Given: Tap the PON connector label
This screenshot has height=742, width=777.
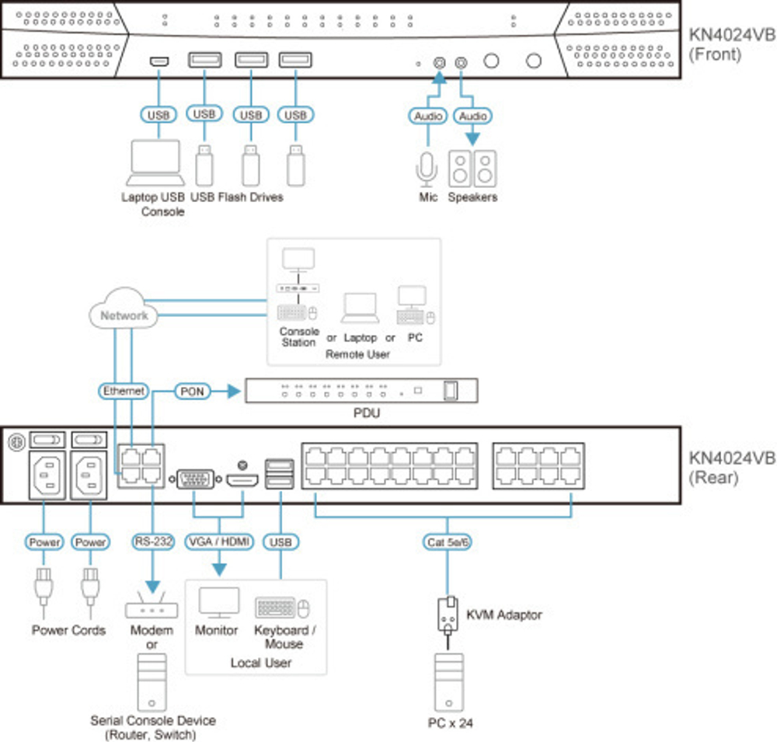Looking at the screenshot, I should pyautogui.click(x=192, y=391).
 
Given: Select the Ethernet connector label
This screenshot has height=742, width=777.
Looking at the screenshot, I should pyautogui.click(x=124, y=392).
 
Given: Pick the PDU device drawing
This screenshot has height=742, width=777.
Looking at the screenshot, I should pyautogui.click(x=361, y=390).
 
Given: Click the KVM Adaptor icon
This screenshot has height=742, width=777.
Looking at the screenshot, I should pyautogui.click(x=447, y=615).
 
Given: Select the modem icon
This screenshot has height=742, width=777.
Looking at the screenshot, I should pyautogui.click(x=152, y=607).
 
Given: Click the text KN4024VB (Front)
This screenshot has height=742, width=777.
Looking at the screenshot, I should pyautogui.click(x=731, y=44).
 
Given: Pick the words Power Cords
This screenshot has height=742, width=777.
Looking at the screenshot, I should pyautogui.click(x=68, y=630).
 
